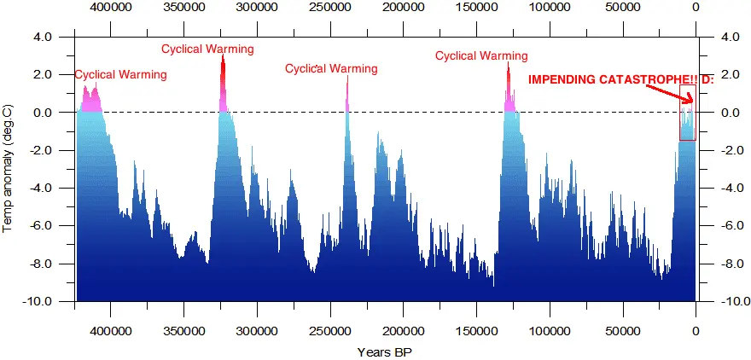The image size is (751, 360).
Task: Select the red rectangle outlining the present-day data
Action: (687, 113)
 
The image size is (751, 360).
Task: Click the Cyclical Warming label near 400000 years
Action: (120, 74)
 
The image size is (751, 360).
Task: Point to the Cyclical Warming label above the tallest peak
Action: (207, 49)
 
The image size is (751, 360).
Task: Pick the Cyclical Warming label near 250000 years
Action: (331, 68)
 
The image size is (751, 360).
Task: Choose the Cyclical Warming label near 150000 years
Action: (481, 55)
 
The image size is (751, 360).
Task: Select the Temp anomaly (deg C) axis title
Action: (8, 169)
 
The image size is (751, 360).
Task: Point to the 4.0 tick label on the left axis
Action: (43, 38)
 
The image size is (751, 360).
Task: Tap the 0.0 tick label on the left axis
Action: (43, 113)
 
